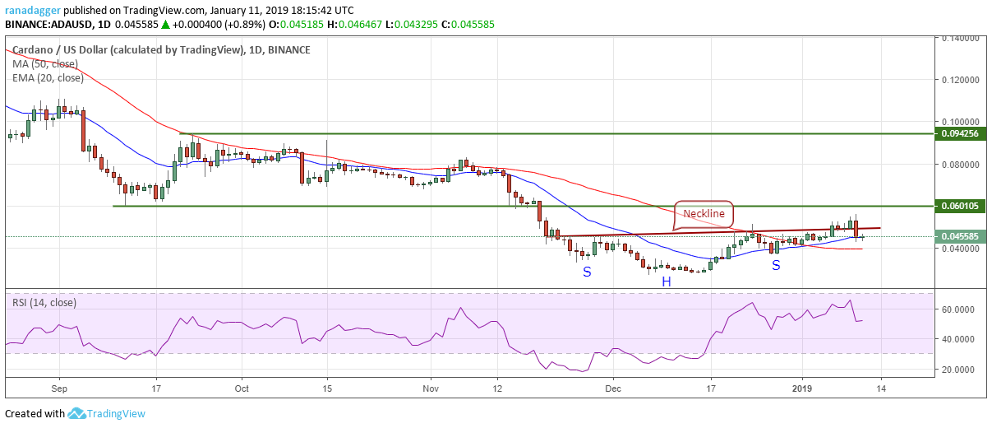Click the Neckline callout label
(x=704, y=213)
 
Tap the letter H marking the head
(x=667, y=281)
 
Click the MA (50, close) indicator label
(x=45, y=64)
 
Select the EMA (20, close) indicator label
(x=48, y=78)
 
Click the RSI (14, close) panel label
(x=44, y=302)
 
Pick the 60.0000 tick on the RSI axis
(x=962, y=309)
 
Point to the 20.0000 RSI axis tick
(x=962, y=370)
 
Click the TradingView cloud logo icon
(x=77, y=413)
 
